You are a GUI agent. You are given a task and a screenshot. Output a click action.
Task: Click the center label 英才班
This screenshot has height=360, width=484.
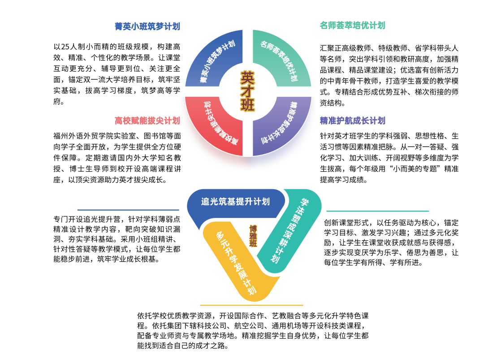click(247, 91)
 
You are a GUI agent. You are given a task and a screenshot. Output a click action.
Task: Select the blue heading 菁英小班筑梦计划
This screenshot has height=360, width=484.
click(147, 26)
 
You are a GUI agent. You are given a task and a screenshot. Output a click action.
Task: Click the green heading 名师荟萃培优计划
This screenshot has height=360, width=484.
click(352, 26)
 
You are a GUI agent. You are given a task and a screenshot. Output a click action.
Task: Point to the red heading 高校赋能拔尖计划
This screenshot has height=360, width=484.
click(147, 121)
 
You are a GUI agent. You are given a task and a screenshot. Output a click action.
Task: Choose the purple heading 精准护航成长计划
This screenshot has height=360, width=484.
click(352, 121)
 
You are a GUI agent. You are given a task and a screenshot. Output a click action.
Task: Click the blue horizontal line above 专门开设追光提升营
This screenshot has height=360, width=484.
click(128, 210)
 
